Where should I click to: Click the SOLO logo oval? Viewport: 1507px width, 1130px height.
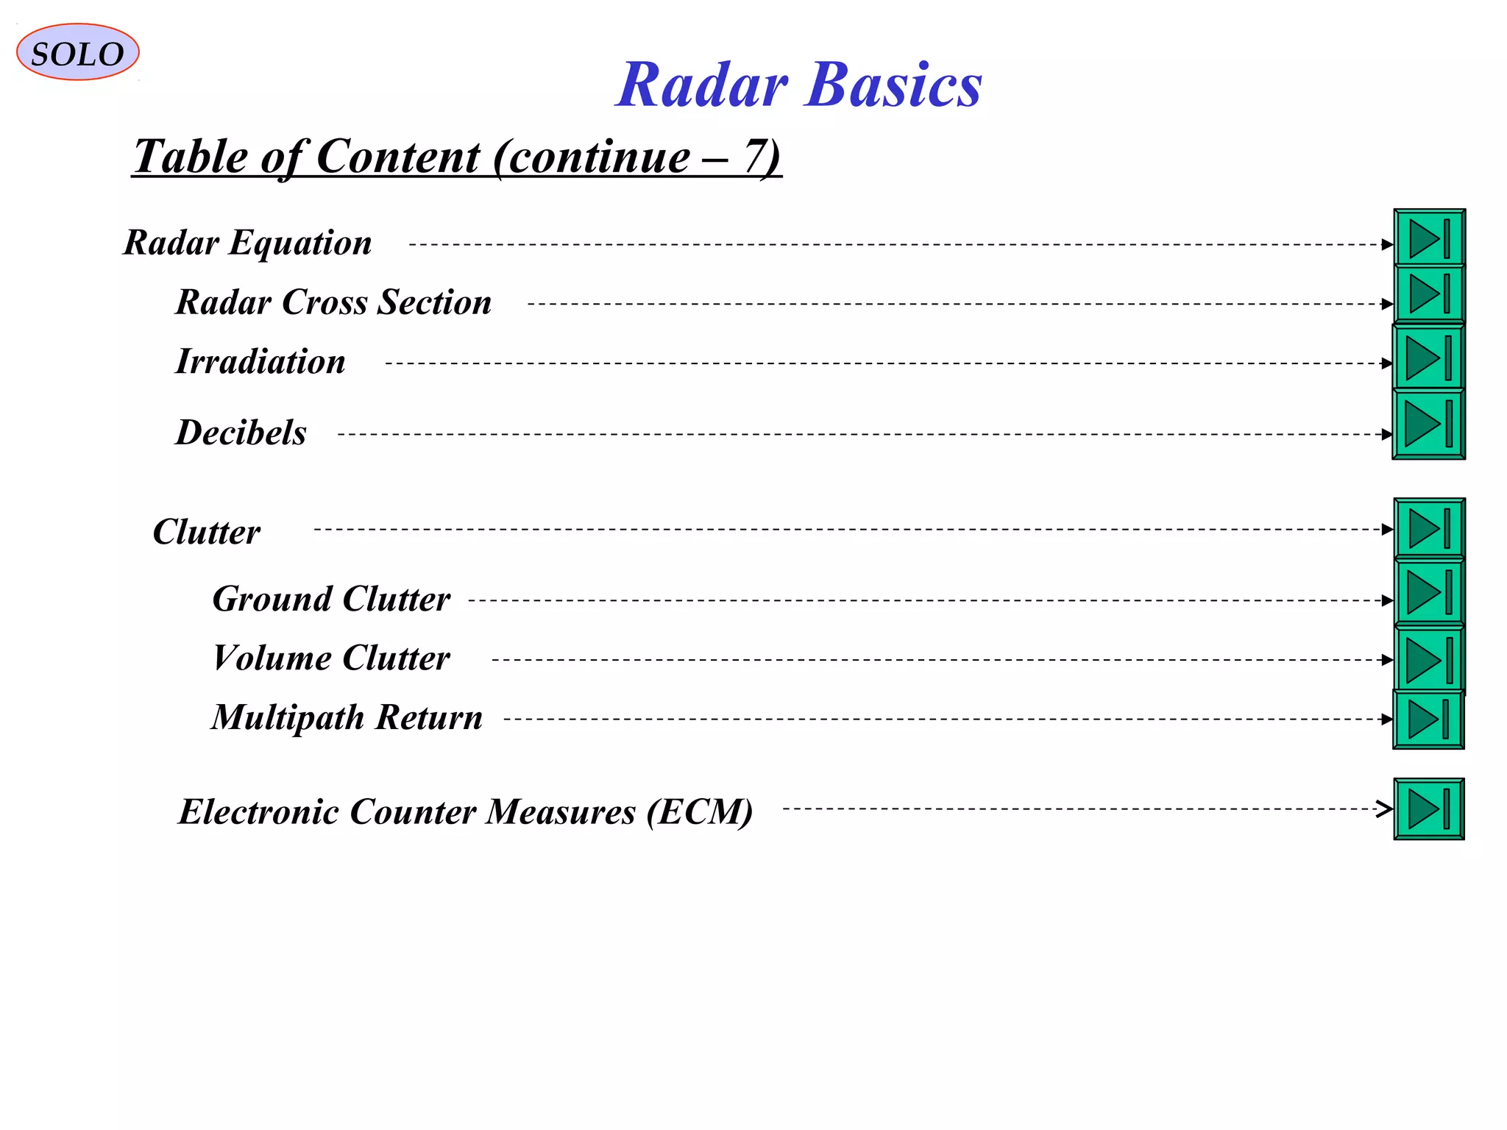point(77,52)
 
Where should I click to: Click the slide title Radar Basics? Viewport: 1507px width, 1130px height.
point(798,85)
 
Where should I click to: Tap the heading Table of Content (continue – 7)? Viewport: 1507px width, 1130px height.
point(456,157)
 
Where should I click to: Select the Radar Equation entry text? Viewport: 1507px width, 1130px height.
point(247,243)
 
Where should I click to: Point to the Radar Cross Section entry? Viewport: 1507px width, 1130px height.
point(333,302)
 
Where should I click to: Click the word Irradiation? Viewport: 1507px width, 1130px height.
point(260,362)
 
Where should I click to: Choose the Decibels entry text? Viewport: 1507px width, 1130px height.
point(241,433)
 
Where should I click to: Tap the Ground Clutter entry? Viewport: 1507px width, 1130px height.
point(331,599)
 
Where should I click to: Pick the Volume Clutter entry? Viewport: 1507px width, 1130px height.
point(331,658)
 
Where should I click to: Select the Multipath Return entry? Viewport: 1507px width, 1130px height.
point(347,717)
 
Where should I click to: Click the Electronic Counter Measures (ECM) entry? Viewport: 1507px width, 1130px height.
point(466,812)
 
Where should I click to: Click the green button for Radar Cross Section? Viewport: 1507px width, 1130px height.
point(1429,294)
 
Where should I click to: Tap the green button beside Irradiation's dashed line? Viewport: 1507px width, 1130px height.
point(1429,358)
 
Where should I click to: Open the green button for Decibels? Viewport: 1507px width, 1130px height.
point(1429,424)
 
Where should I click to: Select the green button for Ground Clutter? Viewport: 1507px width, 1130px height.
point(1429,592)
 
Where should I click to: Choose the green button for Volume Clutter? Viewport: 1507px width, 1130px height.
point(1429,659)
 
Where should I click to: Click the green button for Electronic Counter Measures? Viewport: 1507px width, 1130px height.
point(1429,809)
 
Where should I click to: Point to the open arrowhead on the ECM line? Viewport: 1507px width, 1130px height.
point(1385,809)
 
